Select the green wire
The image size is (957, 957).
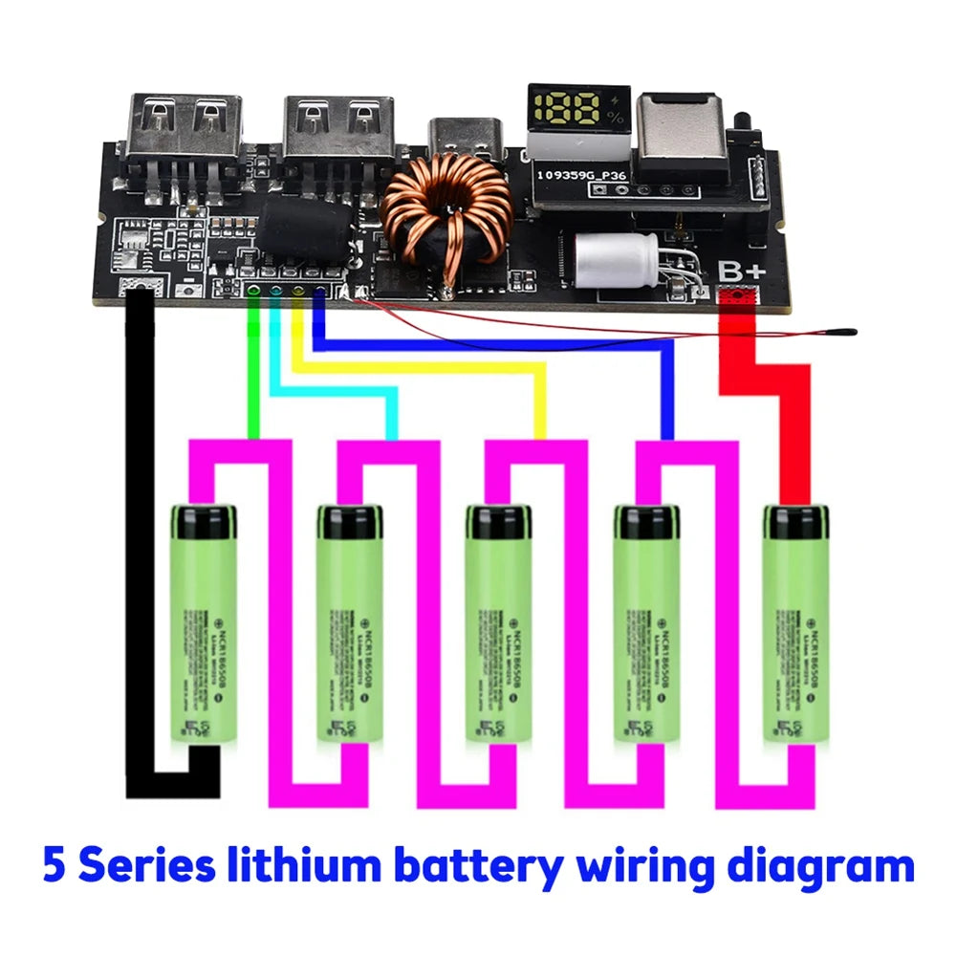click(x=253, y=382)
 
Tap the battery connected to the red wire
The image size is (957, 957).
click(x=795, y=626)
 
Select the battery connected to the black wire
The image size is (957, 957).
click(x=203, y=626)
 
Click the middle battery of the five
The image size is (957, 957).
click(x=498, y=626)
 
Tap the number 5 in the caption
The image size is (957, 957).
click(x=55, y=866)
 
